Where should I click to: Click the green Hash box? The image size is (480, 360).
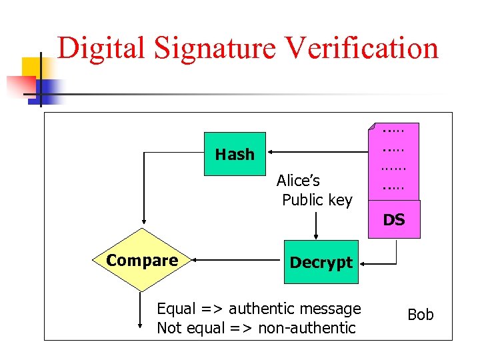coord(235,154)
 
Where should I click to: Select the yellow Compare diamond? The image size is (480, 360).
coord(142,260)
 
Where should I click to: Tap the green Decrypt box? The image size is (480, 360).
coord(321,262)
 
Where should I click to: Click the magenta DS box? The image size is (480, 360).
coord(394,220)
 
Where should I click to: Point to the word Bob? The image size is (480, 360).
coord(420,314)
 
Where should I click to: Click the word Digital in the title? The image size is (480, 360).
coord(100,48)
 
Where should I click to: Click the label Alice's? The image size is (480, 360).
coord(298,180)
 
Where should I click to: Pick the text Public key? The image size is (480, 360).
coord(317,200)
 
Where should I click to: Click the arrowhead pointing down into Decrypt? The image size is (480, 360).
coord(316,235)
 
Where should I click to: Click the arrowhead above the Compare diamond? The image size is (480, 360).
coord(142,224)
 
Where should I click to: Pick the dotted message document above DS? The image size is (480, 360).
coord(393,160)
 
